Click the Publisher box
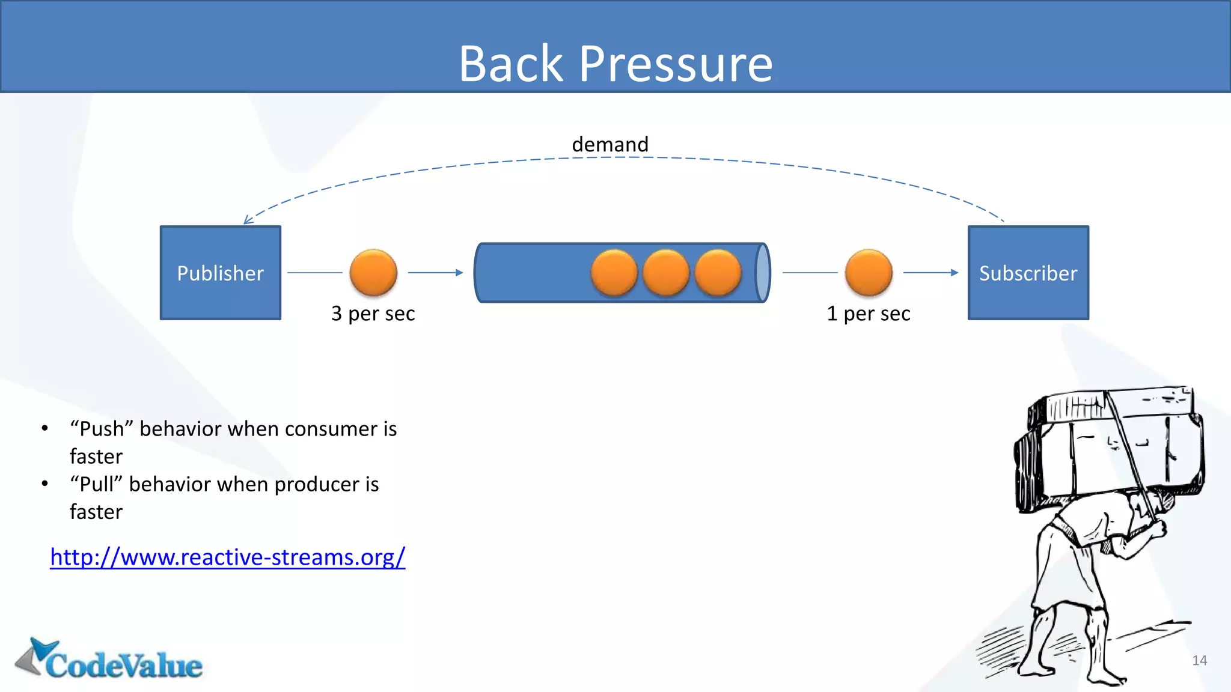[220, 273]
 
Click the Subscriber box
[1028, 273]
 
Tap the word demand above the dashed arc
[610, 144]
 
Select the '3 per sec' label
[373, 314]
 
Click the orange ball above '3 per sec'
[373, 273]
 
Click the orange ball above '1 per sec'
[869, 273]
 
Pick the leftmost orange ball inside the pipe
[614, 273]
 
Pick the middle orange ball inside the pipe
[666, 273]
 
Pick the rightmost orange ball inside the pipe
[718, 273]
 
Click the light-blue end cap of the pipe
[762, 273]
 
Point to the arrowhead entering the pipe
[459, 273]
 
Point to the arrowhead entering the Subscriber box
[955, 273]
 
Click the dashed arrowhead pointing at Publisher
[248, 220]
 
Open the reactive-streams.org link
[227, 557]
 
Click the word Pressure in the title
[676, 64]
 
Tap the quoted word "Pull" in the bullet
[96, 484]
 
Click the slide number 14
[1199, 660]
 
